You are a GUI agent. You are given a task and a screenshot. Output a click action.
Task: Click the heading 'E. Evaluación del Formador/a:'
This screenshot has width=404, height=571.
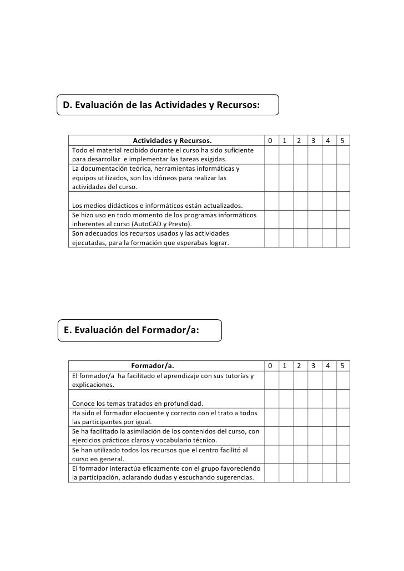coord(132,330)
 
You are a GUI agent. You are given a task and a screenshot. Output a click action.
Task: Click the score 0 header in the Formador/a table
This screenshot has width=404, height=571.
coord(270,365)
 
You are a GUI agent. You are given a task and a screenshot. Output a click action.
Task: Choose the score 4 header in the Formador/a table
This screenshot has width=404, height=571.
coord(328,365)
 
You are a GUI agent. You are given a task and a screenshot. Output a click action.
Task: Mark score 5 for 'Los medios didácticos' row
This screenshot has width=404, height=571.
coord(342,201)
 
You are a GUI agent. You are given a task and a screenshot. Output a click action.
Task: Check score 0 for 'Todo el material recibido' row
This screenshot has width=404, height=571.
coord(270,155)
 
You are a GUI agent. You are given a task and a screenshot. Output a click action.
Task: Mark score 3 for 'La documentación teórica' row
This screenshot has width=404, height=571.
coord(314,178)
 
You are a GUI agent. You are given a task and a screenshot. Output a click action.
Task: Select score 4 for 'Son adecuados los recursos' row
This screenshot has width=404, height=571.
coord(328,238)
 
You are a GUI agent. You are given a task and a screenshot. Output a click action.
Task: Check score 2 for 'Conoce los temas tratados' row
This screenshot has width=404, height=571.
coord(299,399)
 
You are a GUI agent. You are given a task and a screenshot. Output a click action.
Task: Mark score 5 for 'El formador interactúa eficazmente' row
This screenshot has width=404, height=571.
coord(342,473)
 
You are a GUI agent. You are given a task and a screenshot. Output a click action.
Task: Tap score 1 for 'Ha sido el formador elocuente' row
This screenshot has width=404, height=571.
coord(285,417)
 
